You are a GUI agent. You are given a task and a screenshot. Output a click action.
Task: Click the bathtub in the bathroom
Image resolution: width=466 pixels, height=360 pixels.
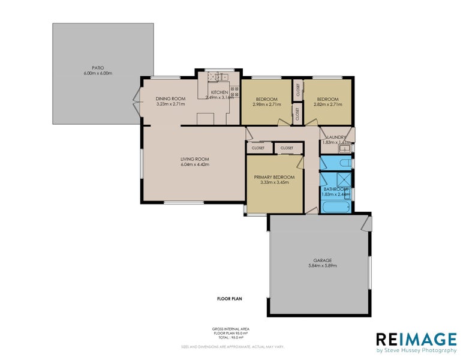point(336,208)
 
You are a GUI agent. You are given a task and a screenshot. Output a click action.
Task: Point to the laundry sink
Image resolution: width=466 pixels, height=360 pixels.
point(345,148)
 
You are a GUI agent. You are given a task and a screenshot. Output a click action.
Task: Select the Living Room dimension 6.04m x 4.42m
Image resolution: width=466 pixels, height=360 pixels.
point(195,164)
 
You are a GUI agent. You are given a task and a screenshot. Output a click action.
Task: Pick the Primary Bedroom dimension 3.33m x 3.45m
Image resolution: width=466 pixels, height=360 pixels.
point(274,182)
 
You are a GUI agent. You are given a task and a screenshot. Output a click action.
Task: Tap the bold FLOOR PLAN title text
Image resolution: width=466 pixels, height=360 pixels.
point(230,298)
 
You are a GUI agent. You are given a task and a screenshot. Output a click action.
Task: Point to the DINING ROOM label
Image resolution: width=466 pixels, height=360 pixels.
point(169,99)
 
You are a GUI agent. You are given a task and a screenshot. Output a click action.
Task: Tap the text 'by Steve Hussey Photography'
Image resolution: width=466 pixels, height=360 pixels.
point(412,350)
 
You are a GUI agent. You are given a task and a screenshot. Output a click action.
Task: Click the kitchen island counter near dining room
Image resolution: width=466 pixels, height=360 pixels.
point(208,119)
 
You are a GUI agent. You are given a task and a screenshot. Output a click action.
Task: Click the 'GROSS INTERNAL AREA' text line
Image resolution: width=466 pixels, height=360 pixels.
point(230,329)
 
